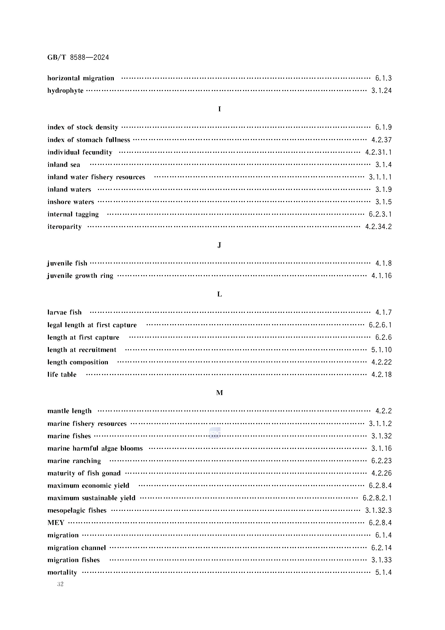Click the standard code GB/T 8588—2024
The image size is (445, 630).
[78, 57]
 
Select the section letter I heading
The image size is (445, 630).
[219, 109]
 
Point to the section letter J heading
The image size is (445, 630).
[219, 245]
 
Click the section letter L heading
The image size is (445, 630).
[219, 294]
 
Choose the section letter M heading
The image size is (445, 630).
[219, 393]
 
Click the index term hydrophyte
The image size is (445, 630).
[65, 91]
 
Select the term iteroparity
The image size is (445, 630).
[64, 227]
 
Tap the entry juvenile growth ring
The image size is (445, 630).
[80, 276]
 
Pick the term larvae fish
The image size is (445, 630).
[64, 312]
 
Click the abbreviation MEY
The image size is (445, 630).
[56, 523]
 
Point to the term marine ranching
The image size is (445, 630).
[74, 461]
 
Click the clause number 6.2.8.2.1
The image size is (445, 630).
[377, 498]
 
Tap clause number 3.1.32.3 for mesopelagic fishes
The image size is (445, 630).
[378, 510]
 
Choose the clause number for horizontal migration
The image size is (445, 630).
[383, 78]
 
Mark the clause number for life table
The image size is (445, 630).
[382, 375]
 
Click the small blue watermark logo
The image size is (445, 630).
[214, 433]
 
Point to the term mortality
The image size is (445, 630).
[62, 572]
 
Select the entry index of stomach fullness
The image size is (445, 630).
[89, 140]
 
